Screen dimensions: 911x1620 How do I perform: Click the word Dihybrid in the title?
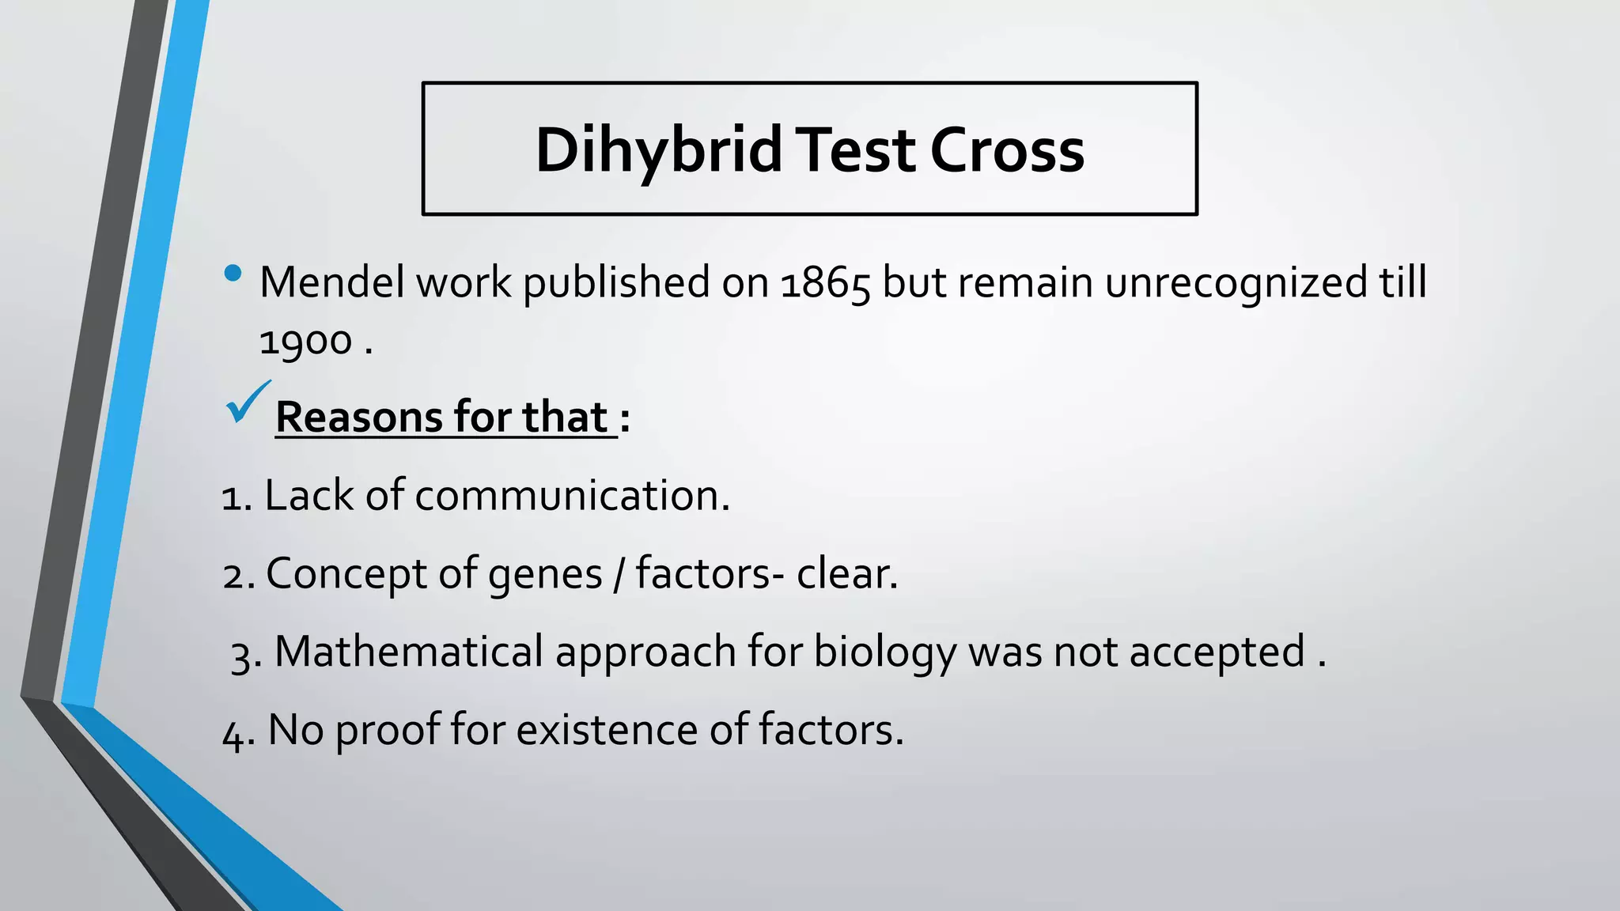coord(658,150)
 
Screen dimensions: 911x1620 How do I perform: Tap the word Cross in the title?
coord(1006,150)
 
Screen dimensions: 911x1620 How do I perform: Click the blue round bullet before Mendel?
coord(233,274)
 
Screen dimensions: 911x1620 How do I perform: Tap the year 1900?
coord(305,342)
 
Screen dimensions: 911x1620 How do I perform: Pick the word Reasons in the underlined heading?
coord(359,418)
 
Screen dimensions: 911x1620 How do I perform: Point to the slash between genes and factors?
coord(619,574)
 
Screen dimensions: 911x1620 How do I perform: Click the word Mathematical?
coord(409,652)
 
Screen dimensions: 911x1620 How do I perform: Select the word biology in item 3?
coord(884,653)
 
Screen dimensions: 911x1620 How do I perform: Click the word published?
coord(616,283)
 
